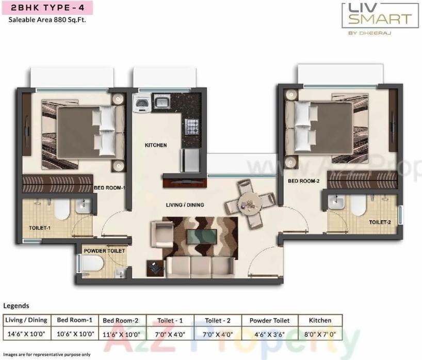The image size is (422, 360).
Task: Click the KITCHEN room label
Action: pyautogui.click(x=155, y=145)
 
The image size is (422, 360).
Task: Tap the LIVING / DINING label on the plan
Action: pyautogui.click(x=185, y=205)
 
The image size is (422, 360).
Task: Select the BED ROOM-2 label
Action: pyautogui.click(x=304, y=181)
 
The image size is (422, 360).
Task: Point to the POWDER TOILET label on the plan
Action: pyautogui.click(x=104, y=251)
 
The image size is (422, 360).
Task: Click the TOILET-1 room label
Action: pyautogui.click(x=39, y=227)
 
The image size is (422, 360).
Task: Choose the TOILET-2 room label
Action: pyautogui.click(x=380, y=222)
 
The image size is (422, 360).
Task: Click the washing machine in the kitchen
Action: pyautogui.click(x=140, y=103)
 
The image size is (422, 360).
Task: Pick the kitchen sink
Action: pyautogui.click(x=162, y=102)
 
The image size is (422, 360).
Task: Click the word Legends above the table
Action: pyautogui.click(x=16, y=305)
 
